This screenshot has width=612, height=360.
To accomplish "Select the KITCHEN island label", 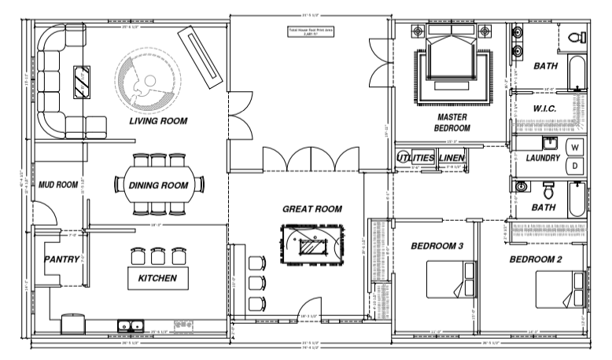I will pyautogui.click(x=157, y=278).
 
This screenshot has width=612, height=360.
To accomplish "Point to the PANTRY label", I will pyautogui.click(x=60, y=259).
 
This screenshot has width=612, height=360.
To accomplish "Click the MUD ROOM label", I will pyautogui.click(x=59, y=186).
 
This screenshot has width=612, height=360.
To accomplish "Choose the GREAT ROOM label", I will pyautogui.click(x=312, y=209).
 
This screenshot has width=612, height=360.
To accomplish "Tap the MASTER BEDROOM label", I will pyautogui.click(x=453, y=122).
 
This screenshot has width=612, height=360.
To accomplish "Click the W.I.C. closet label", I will pyautogui.click(x=545, y=108).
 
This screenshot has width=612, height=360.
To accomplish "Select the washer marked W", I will pyautogui.click(x=574, y=148).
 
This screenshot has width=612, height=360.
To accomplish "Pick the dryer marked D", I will pyautogui.click(x=574, y=165).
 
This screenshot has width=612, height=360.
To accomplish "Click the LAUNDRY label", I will pyautogui.click(x=543, y=158).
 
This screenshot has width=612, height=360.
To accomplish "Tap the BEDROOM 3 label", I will pyautogui.click(x=437, y=247).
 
